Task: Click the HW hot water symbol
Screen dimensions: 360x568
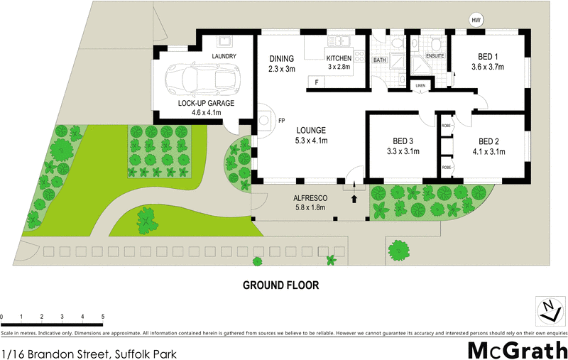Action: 476,20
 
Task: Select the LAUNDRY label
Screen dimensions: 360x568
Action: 224,56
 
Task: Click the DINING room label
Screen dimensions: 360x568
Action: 281,59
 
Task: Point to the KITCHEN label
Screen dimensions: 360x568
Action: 338,58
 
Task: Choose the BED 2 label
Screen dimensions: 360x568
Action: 488,141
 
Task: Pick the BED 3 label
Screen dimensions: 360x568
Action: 402,141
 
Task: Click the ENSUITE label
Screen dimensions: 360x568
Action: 435,55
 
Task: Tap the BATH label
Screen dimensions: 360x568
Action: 380,61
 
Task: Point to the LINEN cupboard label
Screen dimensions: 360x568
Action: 420,87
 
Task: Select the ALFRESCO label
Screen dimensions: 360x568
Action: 309,197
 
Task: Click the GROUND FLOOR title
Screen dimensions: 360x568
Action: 281,285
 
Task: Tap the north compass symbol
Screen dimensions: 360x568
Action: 547,309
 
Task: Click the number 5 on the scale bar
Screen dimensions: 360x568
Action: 103,315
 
